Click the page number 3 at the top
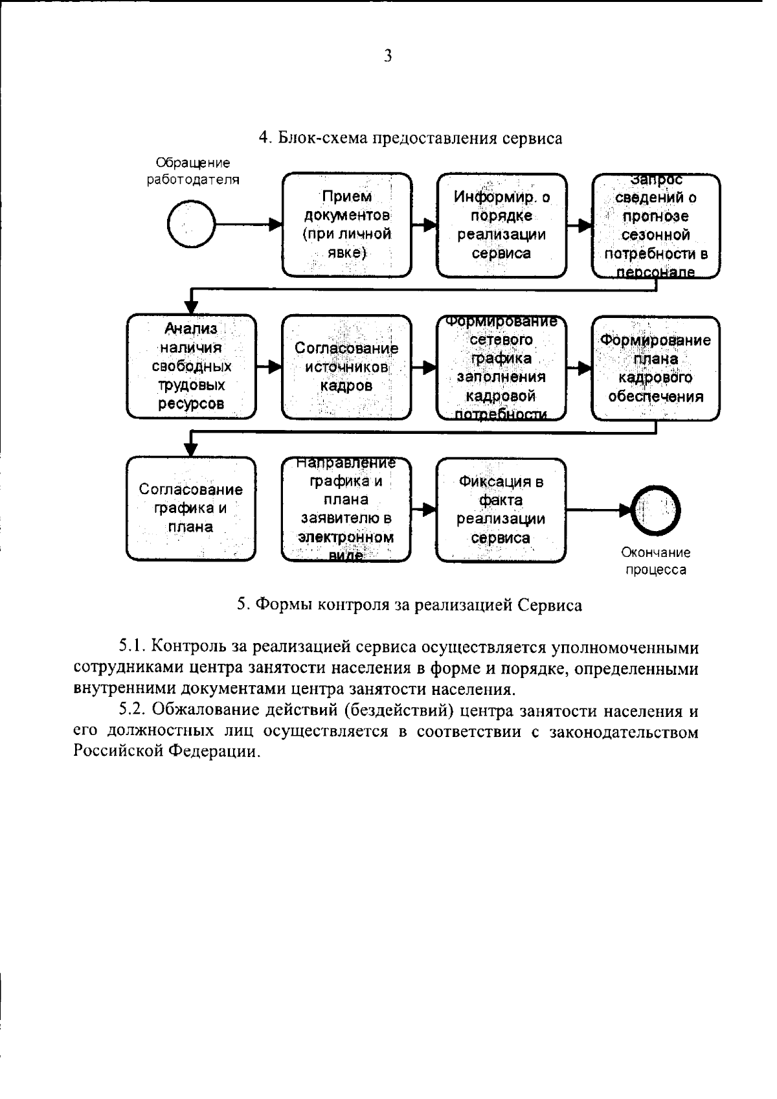pyautogui.click(x=388, y=56)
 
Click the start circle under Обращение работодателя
pyautogui.click(x=190, y=224)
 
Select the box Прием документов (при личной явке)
pyautogui.click(x=346, y=225)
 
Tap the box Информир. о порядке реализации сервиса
pyautogui.click(x=501, y=225)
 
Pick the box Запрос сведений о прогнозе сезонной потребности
pyautogui.click(x=656, y=226)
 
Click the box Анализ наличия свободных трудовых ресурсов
pyautogui.click(x=191, y=367)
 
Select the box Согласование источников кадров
pyautogui.click(x=346, y=367)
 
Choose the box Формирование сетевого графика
pyautogui.click(x=501, y=367)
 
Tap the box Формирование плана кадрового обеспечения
pyautogui.click(x=655, y=368)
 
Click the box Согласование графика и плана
pyautogui.click(x=191, y=508)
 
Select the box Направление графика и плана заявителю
pyautogui.click(x=346, y=509)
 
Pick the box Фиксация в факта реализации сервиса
pyautogui.click(x=501, y=510)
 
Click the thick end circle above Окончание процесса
pyautogui.click(x=656, y=510)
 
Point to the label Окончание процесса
pyautogui.click(x=656, y=561)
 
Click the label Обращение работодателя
pyautogui.click(x=192, y=172)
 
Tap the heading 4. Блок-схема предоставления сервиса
pyautogui.click(x=411, y=138)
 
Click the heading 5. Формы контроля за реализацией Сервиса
pyautogui.click(x=409, y=605)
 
